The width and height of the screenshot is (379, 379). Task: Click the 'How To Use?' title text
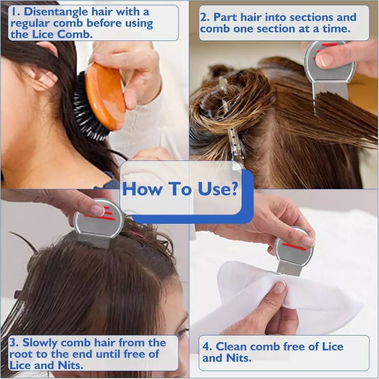pos(181,189)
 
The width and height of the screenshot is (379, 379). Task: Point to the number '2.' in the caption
pos(205,17)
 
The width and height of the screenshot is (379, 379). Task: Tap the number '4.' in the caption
pos(208,347)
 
